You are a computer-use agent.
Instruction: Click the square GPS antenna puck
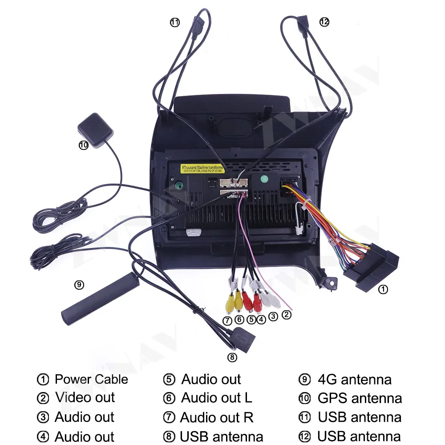tap(96, 125)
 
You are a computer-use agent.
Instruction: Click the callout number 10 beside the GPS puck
tap(84, 145)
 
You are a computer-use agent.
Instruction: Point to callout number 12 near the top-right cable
tap(324, 21)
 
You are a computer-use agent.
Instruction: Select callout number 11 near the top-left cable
tap(175, 22)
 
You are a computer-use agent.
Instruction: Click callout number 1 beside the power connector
tap(383, 289)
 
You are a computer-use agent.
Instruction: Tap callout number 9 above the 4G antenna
tap(79, 285)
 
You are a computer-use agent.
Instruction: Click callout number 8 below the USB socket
tap(232, 357)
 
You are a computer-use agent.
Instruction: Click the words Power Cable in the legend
tap(91, 380)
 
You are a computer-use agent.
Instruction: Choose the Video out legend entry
tap(85, 398)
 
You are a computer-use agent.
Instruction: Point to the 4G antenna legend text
tap(355, 380)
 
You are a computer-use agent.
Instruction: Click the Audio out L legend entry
tap(216, 398)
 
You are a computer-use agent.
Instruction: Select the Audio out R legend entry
tap(217, 417)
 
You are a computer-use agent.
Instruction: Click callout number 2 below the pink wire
tap(287, 315)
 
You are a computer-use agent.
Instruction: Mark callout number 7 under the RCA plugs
tap(227, 320)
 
